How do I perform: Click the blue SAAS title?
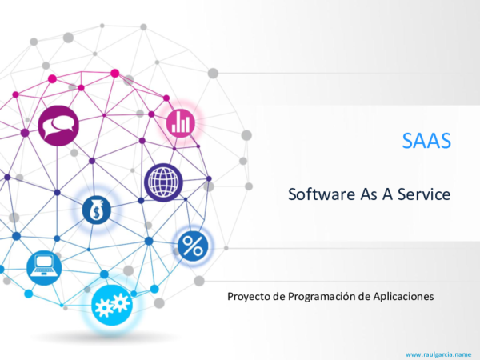(426, 141)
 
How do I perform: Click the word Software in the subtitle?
(322, 194)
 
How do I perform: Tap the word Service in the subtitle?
(424, 194)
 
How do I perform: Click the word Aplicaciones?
(403, 296)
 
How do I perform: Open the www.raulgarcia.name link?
(438, 354)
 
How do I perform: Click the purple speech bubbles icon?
(58, 126)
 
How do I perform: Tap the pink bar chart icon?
(181, 123)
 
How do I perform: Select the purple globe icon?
(163, 182)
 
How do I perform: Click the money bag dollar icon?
(97, 210)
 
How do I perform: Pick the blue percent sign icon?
(193, 246)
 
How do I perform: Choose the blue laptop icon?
(44, 268)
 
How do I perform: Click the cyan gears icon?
(112, 306)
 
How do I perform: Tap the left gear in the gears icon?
(104, 308)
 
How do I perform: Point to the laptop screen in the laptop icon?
(44, 262)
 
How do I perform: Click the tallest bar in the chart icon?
(186, 123)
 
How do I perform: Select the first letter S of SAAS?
(408, 141)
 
